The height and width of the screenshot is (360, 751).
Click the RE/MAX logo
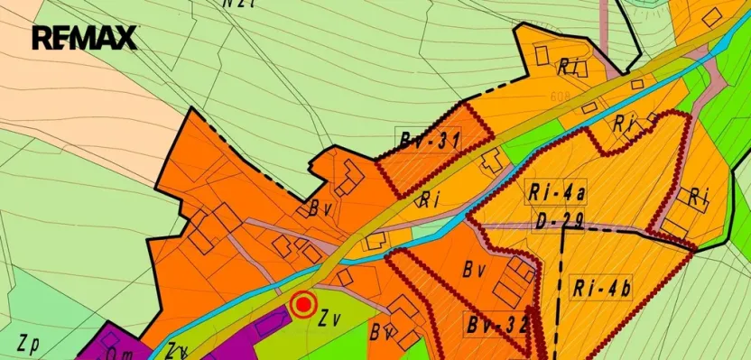coord(84,38)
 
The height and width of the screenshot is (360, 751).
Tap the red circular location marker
coord(304,305)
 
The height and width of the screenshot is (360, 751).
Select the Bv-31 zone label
coord(430,141)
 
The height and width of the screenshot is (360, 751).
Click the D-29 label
coord(557,219)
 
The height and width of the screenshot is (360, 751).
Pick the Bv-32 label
coord(496,324)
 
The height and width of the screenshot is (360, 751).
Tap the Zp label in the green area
coord(27,343)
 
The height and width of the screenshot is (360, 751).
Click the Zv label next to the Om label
coord(176,350)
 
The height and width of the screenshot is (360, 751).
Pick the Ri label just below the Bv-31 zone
coord(430,200)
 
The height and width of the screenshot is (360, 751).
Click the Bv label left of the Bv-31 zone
coord(319,209)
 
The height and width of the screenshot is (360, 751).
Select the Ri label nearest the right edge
coord(698,196)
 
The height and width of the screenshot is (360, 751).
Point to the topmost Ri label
coord(569,65)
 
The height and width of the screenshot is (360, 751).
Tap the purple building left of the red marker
coord(272,320)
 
